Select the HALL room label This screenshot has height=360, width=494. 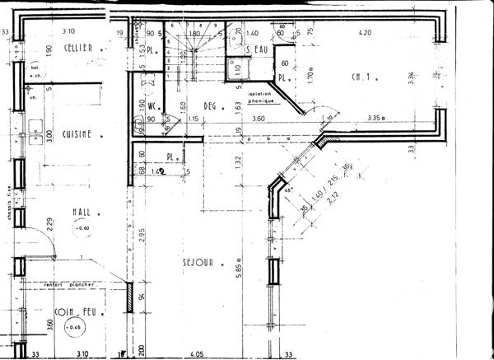[x=81, y=212]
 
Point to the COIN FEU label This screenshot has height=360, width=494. [x=73, y=315]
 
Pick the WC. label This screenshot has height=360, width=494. [x=153, y=107]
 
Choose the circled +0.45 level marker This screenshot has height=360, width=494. [x=76, y=329]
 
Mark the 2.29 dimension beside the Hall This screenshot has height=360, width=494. [x=49, y=221]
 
